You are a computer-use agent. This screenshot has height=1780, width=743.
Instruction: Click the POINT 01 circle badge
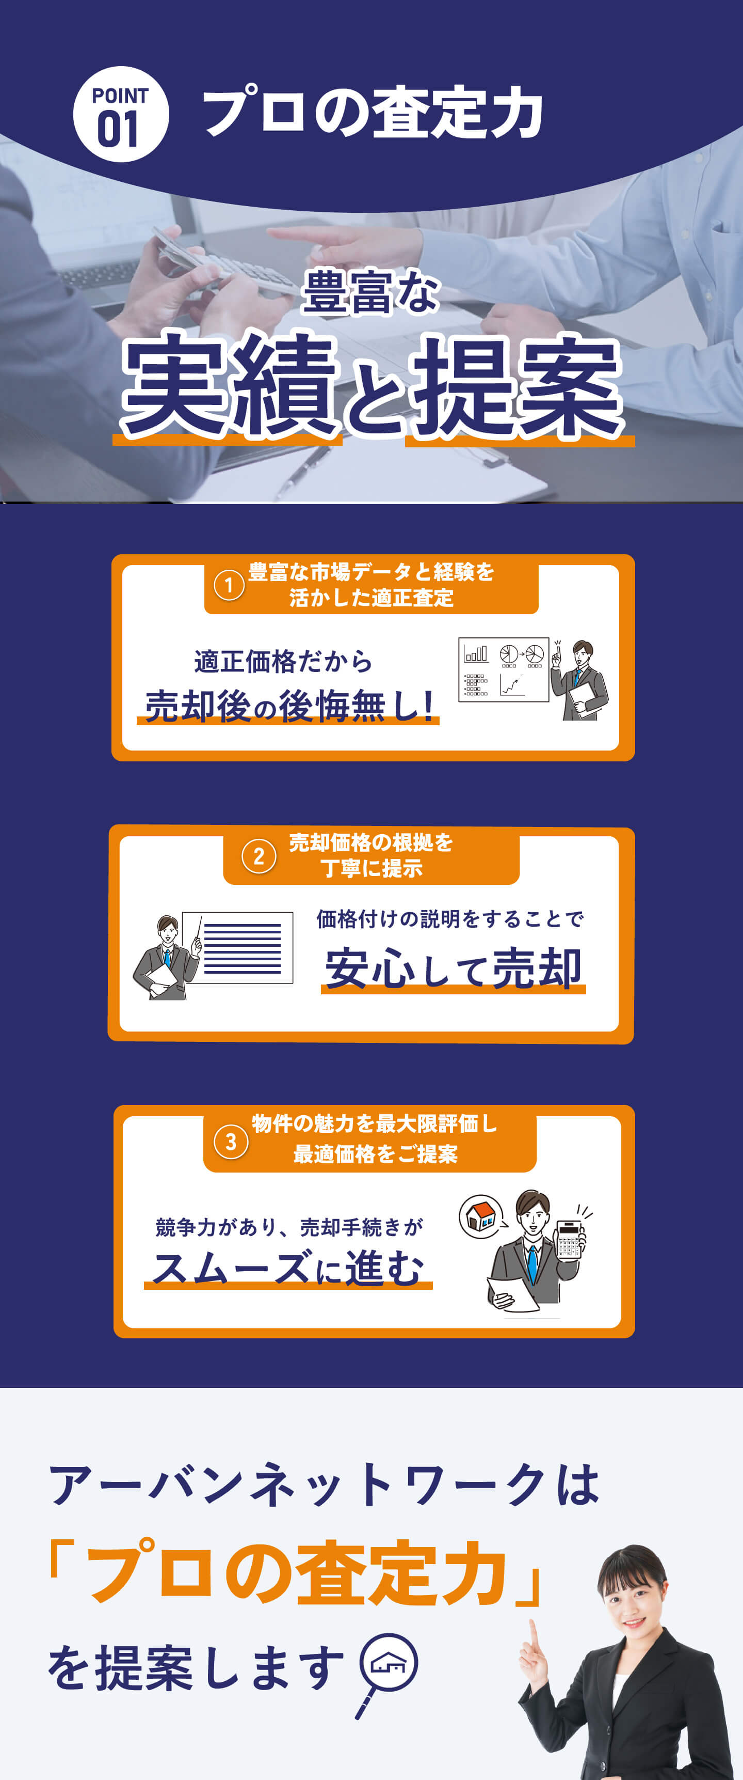121,114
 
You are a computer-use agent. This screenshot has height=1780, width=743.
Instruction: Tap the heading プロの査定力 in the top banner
373,113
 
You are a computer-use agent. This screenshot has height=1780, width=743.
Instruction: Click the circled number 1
229,585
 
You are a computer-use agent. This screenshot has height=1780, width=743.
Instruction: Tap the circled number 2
259,856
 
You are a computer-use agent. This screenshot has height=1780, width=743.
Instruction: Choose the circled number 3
231,1142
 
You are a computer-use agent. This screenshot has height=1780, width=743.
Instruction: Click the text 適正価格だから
283,661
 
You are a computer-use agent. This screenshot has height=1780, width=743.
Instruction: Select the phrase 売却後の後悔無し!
289,706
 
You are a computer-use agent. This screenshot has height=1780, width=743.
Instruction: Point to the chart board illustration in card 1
504,669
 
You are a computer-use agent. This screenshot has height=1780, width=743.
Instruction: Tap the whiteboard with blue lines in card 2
237,947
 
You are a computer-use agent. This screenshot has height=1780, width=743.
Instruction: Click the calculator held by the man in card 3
570,1240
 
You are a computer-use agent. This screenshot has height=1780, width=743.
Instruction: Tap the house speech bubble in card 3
482,1216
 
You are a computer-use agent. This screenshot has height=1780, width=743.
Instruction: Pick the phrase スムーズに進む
288,1268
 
